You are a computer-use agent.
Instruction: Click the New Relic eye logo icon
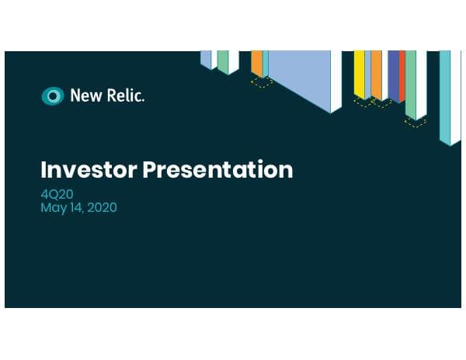tap(52, 96)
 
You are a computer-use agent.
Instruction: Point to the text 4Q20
tap(55, 194)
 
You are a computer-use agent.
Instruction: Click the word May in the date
tap(53, 208)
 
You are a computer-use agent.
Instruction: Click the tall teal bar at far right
tap(446, 93)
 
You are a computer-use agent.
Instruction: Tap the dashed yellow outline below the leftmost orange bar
tap(262, 81)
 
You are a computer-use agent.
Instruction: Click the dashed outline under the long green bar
tap(416, 122)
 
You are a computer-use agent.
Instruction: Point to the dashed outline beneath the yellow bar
tap(363, 102)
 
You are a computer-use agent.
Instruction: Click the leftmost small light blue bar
tap(205, 59)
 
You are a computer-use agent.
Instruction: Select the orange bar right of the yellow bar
tap(376, 74)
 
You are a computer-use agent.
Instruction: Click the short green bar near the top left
tap(223, 61)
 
